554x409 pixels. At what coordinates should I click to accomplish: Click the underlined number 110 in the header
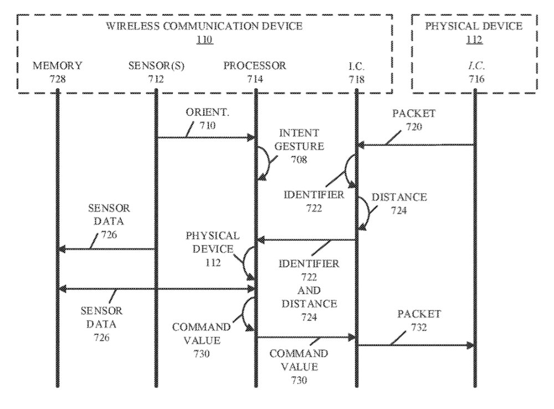pyautogui.click(x=204, y=40)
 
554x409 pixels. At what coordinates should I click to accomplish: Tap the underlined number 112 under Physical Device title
pyautogui.click(x=474, y=40)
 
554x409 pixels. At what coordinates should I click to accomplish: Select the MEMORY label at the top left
pyautogui.click(x=57, y=66)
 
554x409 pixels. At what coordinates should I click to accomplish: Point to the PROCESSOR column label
pyautogui.click(x=255, y=66)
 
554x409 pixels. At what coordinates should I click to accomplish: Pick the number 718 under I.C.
pyautogui.click(x=357, y=79)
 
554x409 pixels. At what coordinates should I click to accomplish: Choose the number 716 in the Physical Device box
pyautogui.click(x=476, y=79)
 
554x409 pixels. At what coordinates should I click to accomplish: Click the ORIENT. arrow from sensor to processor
pyautogui.click(x=205, y=137)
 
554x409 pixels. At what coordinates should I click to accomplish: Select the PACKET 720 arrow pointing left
pyautogui.click(x=416, y=145)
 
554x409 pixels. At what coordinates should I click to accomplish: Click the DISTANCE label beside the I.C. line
pyautogui.click(x=399, y=197)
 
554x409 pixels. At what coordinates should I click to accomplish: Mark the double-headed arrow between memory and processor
pyautogui.click(x=156, y=289)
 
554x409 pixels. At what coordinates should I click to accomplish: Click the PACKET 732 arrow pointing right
pyautogui.click(x=416, y=345)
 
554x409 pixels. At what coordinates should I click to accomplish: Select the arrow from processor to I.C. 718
pyautogui.click(x=305, y=336)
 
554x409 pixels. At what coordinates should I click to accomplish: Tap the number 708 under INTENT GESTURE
pyautogui.click(x=299, y=160)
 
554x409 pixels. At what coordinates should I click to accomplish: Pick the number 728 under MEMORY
pyautogui.click(x=57, y=79)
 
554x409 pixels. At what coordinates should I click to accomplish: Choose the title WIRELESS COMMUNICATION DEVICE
pyautogui.click(x=204, y=26)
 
